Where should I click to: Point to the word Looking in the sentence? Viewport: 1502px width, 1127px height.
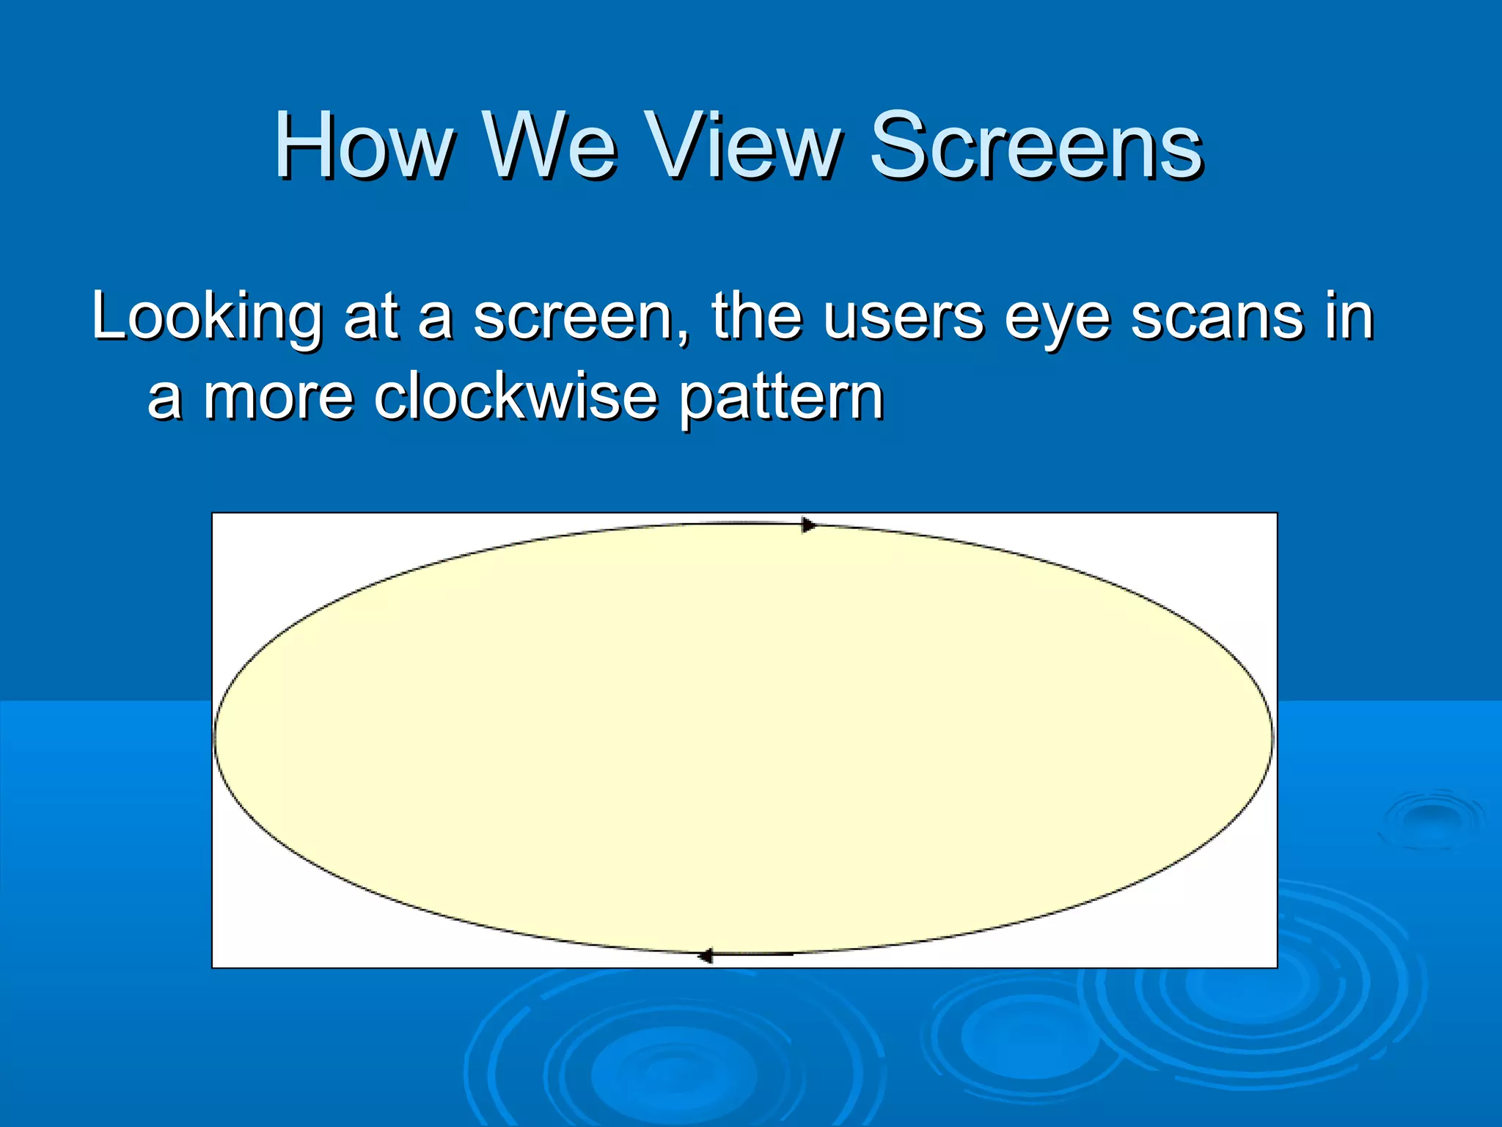pos(206,318)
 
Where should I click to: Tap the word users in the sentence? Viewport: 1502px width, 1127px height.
pos(903,318)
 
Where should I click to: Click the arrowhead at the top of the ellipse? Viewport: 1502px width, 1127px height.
pos(808,525)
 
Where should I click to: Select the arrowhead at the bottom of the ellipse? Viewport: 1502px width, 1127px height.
pos(705,955)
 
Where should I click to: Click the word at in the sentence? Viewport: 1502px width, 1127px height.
pos(370,318)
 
